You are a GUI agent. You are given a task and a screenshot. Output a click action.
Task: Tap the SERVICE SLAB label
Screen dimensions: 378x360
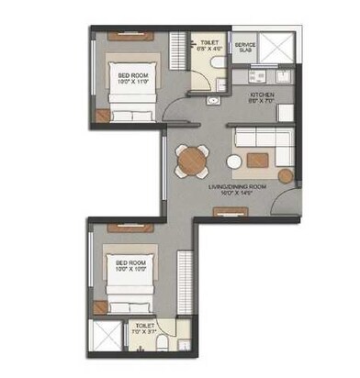coord(244,48)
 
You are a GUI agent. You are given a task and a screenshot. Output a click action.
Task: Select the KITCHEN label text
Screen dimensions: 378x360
coord(264,94)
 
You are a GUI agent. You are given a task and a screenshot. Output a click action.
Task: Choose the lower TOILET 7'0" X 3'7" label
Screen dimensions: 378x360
coord(146,328)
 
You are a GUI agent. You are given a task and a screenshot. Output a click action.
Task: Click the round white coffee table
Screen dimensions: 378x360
coord(235,161)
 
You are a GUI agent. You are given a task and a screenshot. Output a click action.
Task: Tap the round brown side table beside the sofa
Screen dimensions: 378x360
coord(286,174)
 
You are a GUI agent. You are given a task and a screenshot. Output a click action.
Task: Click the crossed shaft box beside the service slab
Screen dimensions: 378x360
coord(274,45)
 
